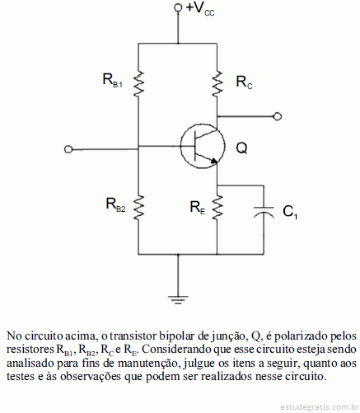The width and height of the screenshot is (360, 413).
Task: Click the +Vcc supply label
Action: coord(200,9)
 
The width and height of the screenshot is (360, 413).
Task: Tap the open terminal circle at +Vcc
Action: coord(178,7)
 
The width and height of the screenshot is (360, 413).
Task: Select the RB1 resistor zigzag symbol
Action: coord(138,84)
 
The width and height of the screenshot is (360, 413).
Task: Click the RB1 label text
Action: coord(112,80)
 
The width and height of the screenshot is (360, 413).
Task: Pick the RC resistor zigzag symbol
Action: coord(217,84)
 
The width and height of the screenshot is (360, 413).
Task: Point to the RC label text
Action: coord(244,82)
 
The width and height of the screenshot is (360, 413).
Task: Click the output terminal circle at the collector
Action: coord(278,116)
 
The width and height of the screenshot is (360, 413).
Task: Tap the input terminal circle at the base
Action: coord(68,149)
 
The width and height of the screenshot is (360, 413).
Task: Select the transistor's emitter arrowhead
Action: coord(214,162)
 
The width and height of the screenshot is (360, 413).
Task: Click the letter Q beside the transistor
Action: coord(241,148)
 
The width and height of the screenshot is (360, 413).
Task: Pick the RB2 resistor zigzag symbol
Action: coord(138,208)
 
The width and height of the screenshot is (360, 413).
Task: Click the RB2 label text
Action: coord(115,204)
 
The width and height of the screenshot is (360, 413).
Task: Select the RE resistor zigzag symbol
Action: coord(217,208)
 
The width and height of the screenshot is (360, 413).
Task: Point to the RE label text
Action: coord(198,208)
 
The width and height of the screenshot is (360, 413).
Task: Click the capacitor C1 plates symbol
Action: coord(264,212)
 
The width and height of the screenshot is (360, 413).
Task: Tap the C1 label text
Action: coord(290,212)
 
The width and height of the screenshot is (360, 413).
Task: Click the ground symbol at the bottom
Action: coord(178,299)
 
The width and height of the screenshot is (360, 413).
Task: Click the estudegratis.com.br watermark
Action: coord(320,406)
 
